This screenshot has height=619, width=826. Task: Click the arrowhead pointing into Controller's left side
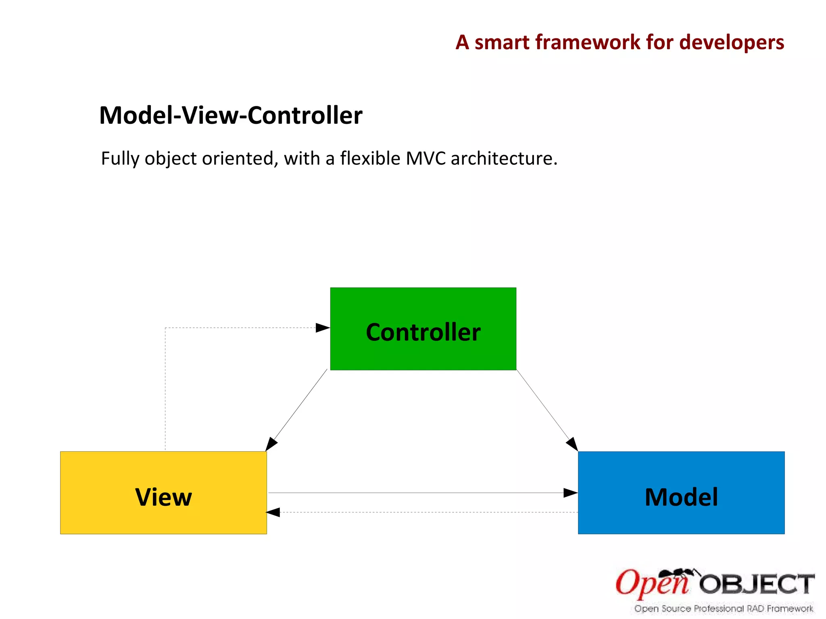pos(323,328)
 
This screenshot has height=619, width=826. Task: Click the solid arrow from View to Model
pos(419,492)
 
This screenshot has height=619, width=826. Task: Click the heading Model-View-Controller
pos(230,116)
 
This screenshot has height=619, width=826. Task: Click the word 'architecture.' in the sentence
pos(504,158)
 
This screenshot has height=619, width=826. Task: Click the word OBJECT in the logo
pos(757,584)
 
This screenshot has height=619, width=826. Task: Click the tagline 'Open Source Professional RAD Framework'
pos(724,609)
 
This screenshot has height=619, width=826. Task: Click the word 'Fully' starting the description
pos(120,158)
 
